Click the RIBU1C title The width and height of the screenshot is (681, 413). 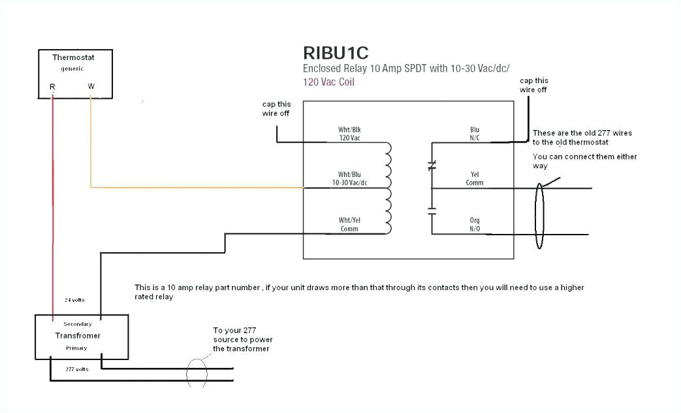[340, 52]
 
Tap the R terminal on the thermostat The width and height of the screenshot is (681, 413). [52, 86]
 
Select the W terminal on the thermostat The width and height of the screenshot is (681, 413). [91, 86]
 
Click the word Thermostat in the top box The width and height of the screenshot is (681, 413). [73, 58]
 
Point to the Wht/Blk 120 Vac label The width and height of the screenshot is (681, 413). [349, 134]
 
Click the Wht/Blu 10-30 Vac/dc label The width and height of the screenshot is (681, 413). [349, 178]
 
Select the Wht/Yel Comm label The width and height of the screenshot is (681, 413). [349, 224]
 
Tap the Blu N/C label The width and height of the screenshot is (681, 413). [475, 134]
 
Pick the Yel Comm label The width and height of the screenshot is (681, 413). [475, 178]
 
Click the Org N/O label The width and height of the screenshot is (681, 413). [475, 224]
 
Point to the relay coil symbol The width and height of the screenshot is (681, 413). [389, 188]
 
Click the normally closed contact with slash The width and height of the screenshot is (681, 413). [431, 166]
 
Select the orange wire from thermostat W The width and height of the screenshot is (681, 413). [196, 188]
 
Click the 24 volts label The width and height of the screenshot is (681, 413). [73, 301]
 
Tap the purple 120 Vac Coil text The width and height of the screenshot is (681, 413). [328, 82]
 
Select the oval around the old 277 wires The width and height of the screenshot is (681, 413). [539, 216]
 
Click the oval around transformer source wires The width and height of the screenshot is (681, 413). [197, 374]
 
